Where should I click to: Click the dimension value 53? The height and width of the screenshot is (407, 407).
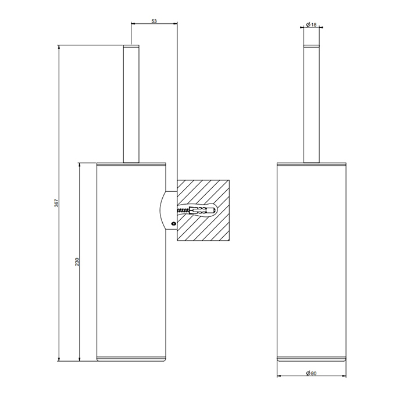pos(154,21)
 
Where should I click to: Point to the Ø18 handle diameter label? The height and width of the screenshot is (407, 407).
pos(311,24)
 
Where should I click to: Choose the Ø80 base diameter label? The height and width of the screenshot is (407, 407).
pos(311,374)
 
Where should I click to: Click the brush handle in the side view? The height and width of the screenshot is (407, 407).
pos(132,105)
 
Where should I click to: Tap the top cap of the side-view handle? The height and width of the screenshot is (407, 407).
pos(132,45)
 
